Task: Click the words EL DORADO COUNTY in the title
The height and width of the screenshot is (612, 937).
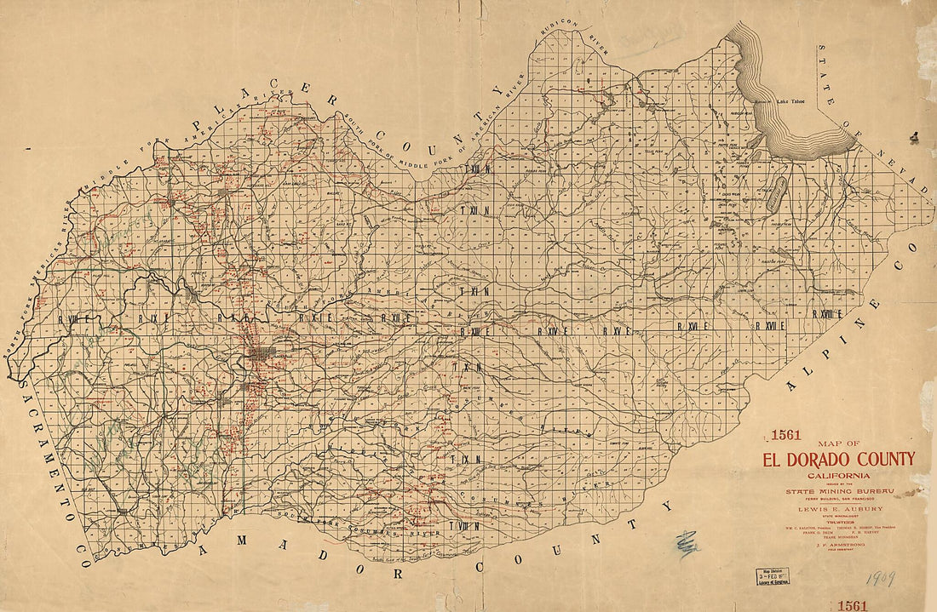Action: tap(838, 460)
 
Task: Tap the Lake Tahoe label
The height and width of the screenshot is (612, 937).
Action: tap(790, 102)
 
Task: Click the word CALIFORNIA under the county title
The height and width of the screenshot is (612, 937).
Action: tap(838, 474)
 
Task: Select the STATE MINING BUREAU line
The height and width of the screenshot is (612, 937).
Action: tap(838, 491)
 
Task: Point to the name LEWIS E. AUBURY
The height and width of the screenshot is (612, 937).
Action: tap(838, 508)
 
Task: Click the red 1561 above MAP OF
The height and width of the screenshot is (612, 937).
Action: tap(785, 435)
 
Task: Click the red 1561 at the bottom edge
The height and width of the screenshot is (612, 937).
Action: tap(852, 605)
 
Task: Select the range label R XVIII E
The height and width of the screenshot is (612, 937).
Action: tap(827, 314)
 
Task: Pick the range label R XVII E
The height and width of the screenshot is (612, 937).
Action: tap(769, 325)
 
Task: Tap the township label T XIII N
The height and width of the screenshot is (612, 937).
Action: tap(475, 169)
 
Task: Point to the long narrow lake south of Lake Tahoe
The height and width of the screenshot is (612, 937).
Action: tap(775, 197)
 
